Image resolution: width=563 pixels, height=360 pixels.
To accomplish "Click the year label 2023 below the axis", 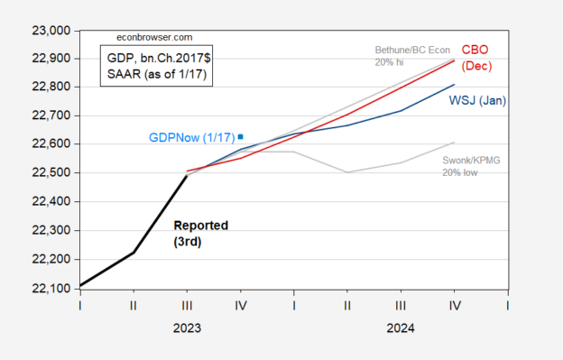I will [x=187, y=329].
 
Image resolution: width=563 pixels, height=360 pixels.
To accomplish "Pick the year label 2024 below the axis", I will [x=401, y=329].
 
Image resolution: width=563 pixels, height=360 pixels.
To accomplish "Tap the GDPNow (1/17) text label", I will [x=190, y=138].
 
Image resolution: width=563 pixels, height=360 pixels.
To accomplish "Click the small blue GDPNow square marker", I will [x=240, y=136].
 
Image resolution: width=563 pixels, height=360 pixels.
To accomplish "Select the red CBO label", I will [x=476, y=51].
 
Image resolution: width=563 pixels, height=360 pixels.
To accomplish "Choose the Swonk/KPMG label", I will [x=472, y=160].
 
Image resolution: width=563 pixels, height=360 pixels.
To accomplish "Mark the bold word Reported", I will [x=200, y=225].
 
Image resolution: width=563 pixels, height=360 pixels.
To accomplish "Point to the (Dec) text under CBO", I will [x=476, y=66].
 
